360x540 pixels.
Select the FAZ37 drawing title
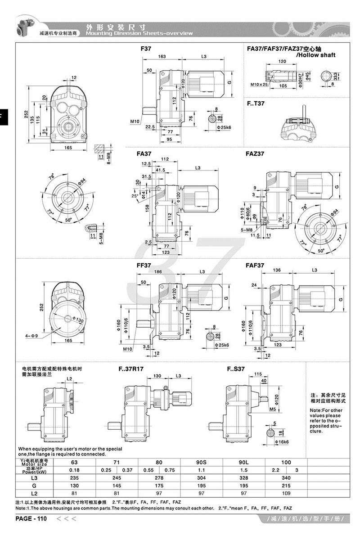click(x=255, y=153)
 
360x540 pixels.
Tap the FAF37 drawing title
click(x=255, y=265)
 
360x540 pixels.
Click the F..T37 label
click(x=256, y=103)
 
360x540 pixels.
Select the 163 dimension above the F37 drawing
click(x=162, y=56)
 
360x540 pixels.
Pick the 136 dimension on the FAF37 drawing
click(x=277, y=270)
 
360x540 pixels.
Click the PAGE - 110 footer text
click(x=31, y=519)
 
